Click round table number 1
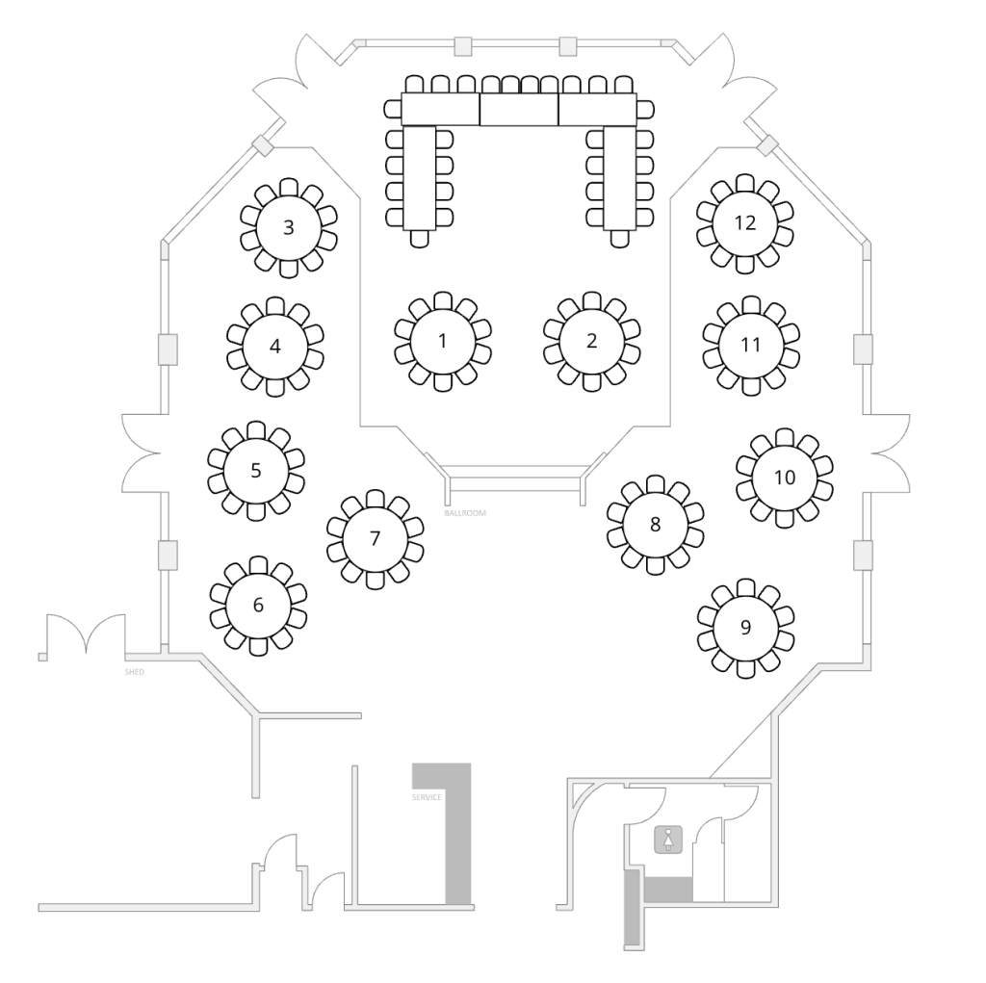[442, 341]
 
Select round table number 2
[591, 341]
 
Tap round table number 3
[288, 227]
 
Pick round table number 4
[275, 346]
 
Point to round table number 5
[256, 471]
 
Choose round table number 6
[258, 606]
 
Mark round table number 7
[375, 538]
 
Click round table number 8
[655, 525]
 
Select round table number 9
[745, 628]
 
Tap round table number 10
[784, 478]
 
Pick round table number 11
[751, 345]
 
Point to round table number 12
[744, 223]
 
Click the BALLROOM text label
[465, 513]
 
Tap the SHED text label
[134, 672]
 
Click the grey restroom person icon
[668, 840]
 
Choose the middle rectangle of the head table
[519, 110]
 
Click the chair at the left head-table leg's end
[419, 239]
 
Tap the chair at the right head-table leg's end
[618, 239]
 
